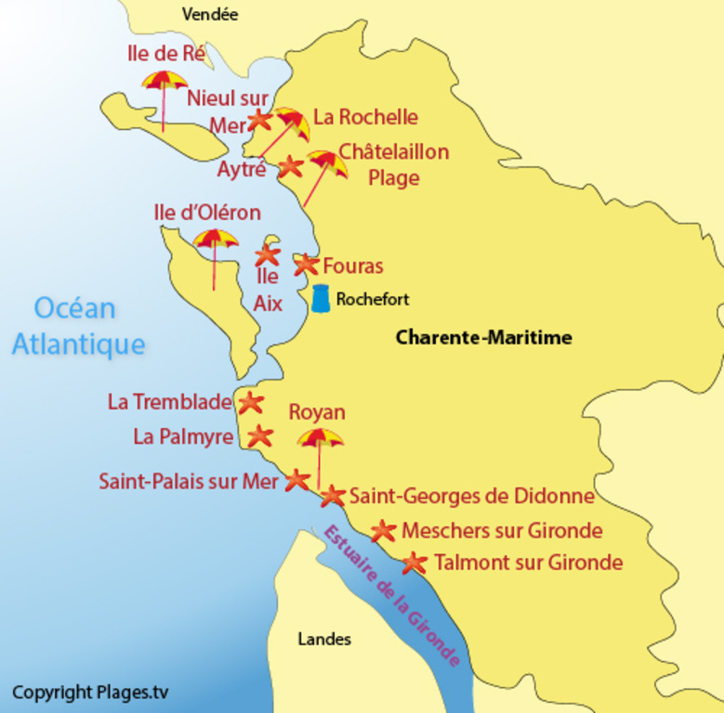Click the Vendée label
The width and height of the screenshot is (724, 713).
click(210, 14)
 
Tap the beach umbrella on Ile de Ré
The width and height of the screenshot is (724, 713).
click(165, 83)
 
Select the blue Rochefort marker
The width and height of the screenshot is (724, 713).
click(321, 298)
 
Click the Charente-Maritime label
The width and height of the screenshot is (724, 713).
click(483, 337)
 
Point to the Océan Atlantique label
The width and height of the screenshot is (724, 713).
click(78, 326)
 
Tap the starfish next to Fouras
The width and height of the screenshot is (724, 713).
click(306, 265)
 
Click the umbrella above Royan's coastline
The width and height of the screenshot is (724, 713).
click(320, 439)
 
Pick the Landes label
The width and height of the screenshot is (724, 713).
click(324, 639)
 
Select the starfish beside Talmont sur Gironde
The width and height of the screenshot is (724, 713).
click(415, 563)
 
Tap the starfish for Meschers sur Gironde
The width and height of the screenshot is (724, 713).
click(383, 531)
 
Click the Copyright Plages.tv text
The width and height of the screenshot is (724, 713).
click(90, 693)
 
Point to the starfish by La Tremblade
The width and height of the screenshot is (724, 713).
click(250, 403)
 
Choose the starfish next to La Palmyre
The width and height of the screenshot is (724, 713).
click(259, 435)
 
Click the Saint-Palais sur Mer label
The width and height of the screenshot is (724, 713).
click(189, 482)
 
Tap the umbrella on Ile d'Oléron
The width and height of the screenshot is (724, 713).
click(216, 240)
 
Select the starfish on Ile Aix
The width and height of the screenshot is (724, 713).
click(268, 253)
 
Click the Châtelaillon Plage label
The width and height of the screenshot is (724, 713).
click(393, 164)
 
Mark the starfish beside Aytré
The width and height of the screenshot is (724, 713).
click(290, 166)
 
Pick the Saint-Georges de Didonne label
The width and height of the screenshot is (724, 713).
click(471, 497)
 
